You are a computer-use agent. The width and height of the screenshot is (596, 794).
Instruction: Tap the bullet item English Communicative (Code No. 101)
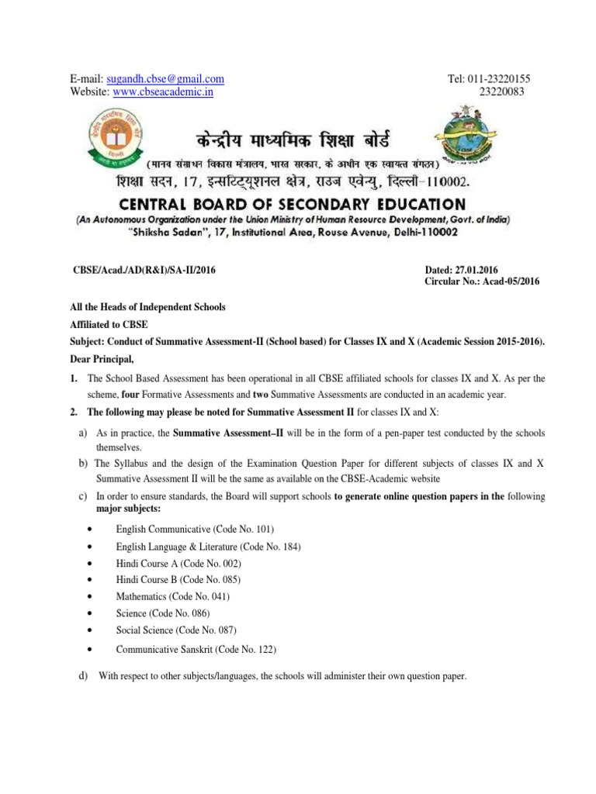[x=195, y=530]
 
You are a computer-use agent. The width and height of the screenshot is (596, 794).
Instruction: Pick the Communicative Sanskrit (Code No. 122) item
[x=196, y=649]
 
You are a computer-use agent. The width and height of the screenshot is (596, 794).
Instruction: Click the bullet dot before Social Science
[x=92, y=630]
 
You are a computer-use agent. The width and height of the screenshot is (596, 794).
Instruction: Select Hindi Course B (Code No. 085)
[x=178, y=580]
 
